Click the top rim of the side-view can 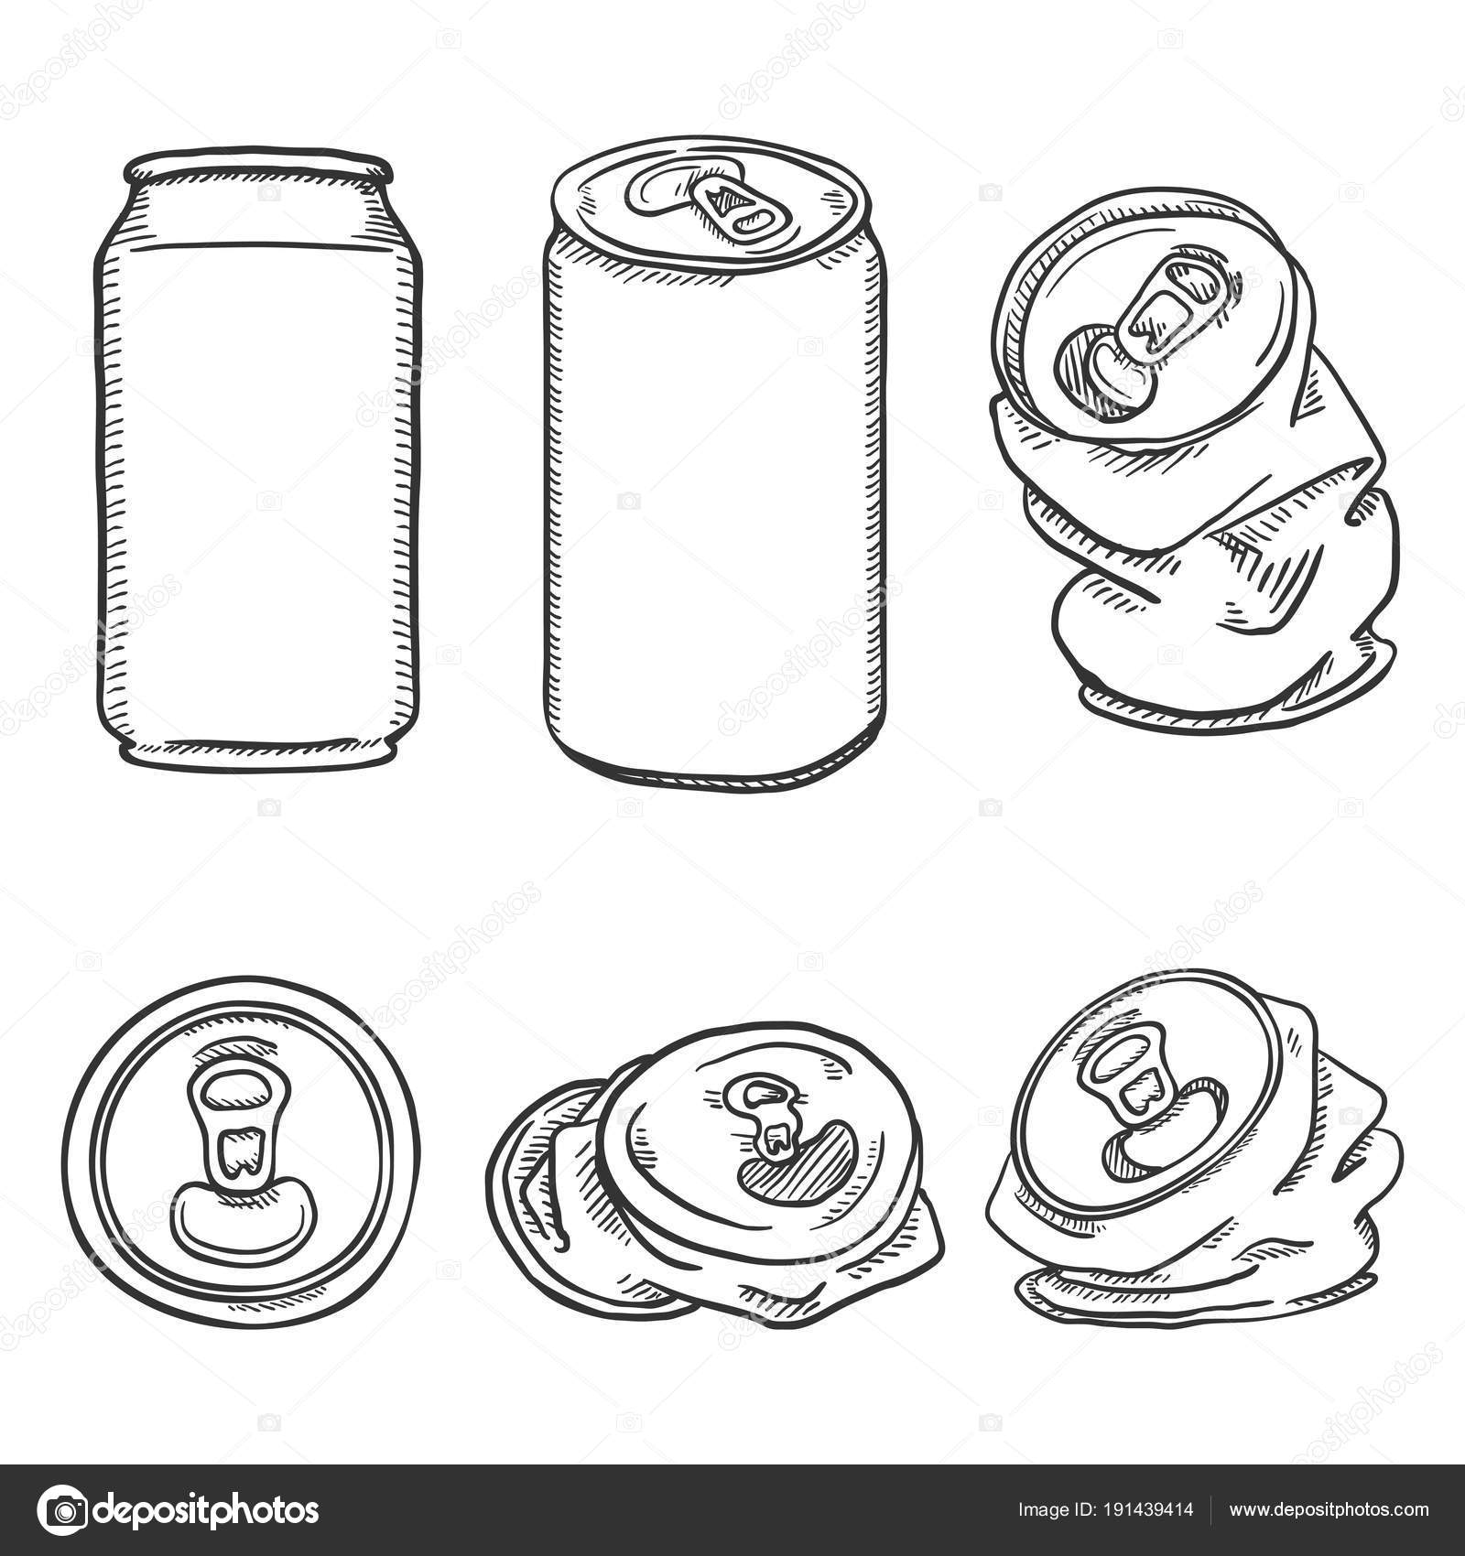click(259, 169)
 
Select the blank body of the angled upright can click(714, 513)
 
